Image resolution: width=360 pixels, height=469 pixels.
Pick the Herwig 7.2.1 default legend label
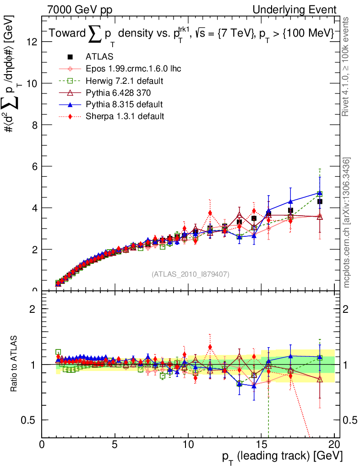tap(125, 81)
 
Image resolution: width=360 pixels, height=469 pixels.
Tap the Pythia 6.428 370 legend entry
tap(118, 93)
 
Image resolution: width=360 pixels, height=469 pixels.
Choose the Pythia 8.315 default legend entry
tap(124, 104)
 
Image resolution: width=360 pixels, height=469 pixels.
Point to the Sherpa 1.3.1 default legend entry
tap(125, 116)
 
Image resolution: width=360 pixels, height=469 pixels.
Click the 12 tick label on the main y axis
tap(32, 42)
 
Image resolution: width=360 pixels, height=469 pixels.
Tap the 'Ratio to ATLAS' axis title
tap(15, 364)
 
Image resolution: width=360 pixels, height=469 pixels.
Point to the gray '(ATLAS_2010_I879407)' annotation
tap(191, 274)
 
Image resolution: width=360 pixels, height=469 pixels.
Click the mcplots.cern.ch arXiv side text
tap(347, 223)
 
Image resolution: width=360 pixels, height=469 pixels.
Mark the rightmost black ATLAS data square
tap(320, 202)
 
